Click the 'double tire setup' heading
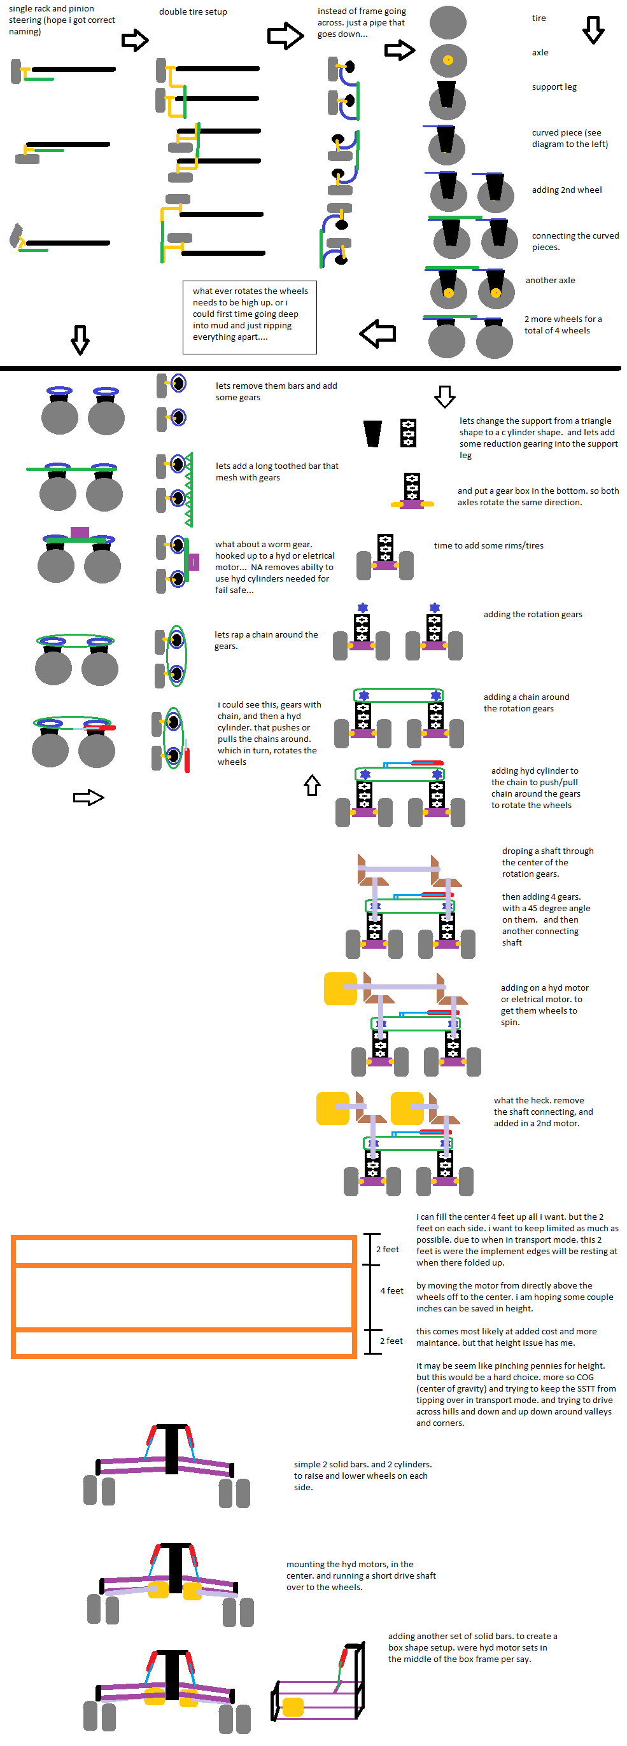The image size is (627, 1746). (192, 11)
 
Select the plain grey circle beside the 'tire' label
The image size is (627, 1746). (447, 22)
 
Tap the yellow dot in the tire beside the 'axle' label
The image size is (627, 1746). (447, 60)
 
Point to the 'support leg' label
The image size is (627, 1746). (554, 87)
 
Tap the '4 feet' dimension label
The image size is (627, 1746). (391, 1290)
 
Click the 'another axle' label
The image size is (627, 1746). (550, 280)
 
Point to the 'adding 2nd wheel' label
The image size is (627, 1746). (567, 190)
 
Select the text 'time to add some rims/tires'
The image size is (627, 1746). (488, 546)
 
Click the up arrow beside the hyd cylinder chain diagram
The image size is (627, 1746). (312, 785)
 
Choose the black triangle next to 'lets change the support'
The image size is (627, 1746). (372, 433)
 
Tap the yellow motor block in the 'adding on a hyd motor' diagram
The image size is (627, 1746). (341, 989)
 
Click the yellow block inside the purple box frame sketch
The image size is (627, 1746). (293, 1707)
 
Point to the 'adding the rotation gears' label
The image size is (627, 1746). (532, 614)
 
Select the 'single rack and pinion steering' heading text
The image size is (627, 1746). (61, 20)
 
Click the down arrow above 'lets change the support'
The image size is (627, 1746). (445, 396)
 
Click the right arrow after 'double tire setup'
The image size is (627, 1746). (285, 36)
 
